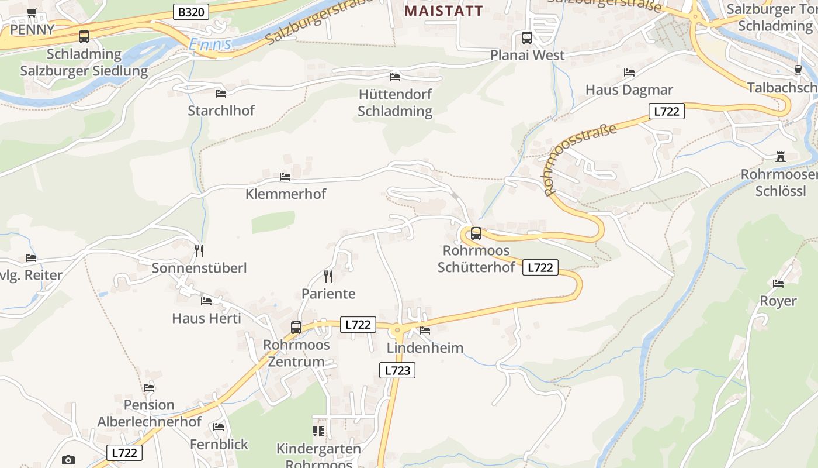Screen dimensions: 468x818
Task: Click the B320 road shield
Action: tap(191, 12)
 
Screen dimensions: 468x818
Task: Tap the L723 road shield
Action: tap(397, 370)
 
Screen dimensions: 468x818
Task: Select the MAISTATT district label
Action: tap(444, 11)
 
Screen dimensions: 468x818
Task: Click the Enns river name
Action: tap(210, 44)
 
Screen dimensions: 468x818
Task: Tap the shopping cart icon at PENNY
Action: tap(32, 12)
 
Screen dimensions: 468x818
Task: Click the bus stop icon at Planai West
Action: tap(527, 38)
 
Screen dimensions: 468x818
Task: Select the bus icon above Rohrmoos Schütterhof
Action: tap(476, 233)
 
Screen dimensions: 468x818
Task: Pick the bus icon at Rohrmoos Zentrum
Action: tap(296, 328)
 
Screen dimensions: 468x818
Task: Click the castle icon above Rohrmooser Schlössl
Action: tap(780, 157)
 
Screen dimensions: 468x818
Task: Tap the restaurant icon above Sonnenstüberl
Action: tap(199, 251)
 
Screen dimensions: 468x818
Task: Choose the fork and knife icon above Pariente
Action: tap(328, 276)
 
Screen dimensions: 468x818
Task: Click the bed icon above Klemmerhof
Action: tap(285, 176)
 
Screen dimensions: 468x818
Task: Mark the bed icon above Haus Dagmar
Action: tap(629, 73)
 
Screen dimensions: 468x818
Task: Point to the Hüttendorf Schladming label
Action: tap(395, 102)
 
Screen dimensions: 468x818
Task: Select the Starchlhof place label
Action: tap(221, 111)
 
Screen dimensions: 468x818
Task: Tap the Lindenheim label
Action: tap(425, 348)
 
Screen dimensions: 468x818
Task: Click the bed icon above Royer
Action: tap(778, 284)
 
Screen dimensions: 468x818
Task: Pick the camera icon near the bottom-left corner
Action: tap(68, 460)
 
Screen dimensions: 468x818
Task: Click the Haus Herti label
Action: tap(206, 318)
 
